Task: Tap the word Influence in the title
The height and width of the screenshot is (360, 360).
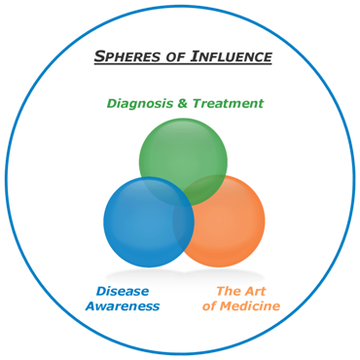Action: click(x=232, y=56)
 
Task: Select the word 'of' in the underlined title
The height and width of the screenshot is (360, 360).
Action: click(x=171, y=57)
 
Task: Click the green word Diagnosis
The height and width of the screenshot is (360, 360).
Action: click(x=140, y=103)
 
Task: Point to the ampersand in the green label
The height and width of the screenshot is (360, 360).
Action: click(x=183, y=104)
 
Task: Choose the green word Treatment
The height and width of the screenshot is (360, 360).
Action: click(x=228, y=103)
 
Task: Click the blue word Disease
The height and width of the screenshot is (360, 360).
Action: click(x=123, y=291)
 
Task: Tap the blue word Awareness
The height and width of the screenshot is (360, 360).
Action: click(x=123, y=306)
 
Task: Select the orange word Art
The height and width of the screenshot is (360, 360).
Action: click(x=255, y=291)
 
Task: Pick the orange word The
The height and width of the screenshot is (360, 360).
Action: click(x=229, y=291)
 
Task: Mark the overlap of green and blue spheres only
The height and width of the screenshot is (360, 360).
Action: click(x=159, y=188)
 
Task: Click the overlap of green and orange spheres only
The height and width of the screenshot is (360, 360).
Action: click(x=211, y=188)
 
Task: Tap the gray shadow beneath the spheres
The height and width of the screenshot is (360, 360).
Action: click(x=185, y=276)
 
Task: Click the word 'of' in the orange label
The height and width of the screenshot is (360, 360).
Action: click(x=209, y=306)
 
